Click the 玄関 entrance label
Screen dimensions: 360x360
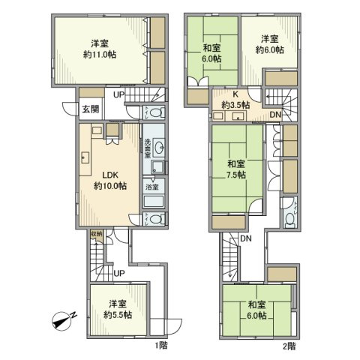coord(89,108)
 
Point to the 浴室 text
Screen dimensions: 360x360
coord(151,185)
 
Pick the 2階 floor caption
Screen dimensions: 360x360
coord(289,346)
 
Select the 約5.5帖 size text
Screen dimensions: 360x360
coord(115,316)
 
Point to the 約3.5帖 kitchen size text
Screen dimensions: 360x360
coord(235,105)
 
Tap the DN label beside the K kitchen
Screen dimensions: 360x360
coord(275,115)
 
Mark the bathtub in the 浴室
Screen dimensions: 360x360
coord(154,201)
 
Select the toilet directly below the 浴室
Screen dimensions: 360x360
coord(154,219)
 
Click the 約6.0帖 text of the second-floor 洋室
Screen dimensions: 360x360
coord(270,51)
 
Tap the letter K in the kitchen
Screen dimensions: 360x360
coord(235,94)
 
